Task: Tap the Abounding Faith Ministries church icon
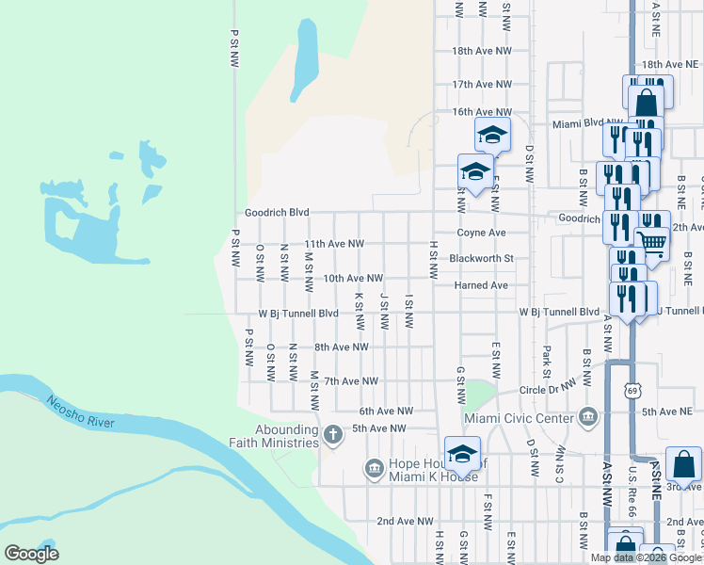(331, 434)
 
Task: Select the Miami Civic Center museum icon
(588, 415)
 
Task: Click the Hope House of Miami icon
(374, 467)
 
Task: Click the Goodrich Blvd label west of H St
(277, 214)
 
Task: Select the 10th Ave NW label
(353, 279)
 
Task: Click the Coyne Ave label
(482, 233)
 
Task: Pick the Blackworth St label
(480, 258)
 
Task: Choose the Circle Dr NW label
(549, 386)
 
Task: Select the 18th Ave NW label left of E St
(481, 51)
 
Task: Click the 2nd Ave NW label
(405, 521)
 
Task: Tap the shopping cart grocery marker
(651, 242)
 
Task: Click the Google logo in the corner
(31, 553)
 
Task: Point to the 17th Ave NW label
(481, 85)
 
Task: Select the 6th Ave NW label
(386, 412)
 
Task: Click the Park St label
(546, 357)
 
